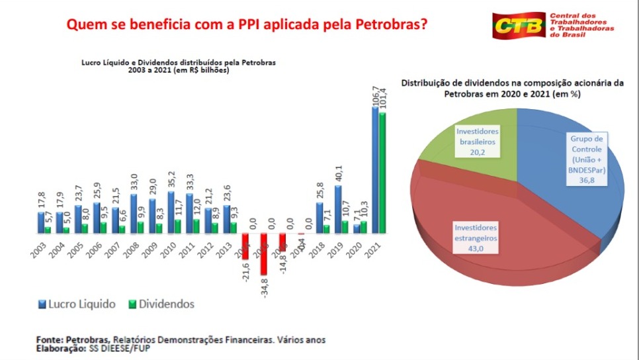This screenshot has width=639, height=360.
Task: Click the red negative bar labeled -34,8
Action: (x=264, y=254)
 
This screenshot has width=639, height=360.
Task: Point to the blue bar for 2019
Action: (x=337, y=209)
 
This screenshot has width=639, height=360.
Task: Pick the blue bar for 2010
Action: (x=171, y=212)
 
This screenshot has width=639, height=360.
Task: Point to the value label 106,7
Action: (x=375, y=95)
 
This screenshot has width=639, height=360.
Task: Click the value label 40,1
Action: (x=338, y=174)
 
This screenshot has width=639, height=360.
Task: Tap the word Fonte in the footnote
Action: (x=49, y=339)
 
